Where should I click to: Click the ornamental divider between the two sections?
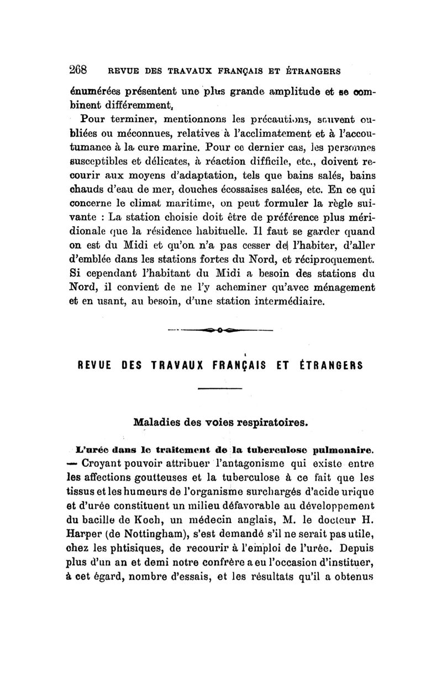[x=220, y=332]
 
